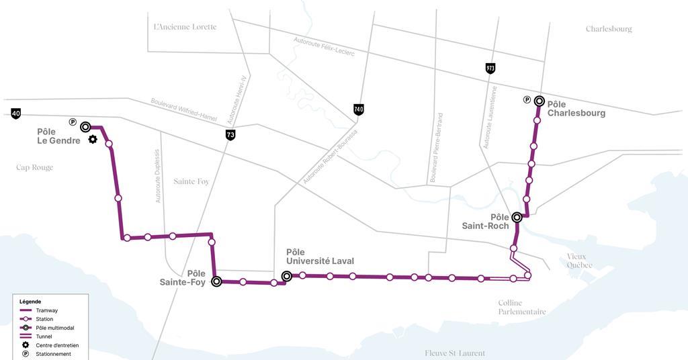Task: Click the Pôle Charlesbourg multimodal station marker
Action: pos(539,101)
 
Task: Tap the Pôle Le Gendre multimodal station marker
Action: pos(85,127)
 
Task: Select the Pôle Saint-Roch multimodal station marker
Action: pos(517,217)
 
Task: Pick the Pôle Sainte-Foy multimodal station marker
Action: pos(216,281)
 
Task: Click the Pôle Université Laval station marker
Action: pos(287,275)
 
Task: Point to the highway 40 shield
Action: pos(15,114)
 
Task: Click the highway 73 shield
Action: pos(230,135)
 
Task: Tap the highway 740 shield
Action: pos(359,109)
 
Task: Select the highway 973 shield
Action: pos(490,68)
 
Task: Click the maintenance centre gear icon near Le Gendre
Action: pos(93,140)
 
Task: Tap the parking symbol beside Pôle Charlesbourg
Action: pos(527,100)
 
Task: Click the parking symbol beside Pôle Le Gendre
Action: pos(73,122)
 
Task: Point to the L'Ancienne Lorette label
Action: pos(185,27)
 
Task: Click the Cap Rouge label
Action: pos(34,167)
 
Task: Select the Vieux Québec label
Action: pos(580,261)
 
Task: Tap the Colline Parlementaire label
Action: pos(522,307)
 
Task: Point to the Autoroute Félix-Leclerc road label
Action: pos(324,46)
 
